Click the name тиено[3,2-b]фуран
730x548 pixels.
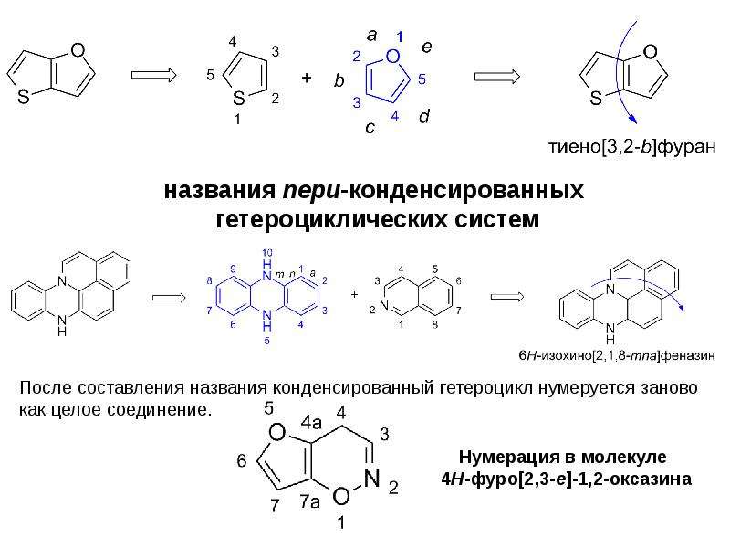pyautogui.click(x=632, y=147)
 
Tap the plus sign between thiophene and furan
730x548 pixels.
pyautogui.click(x=306, y=78)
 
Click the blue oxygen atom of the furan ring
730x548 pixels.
pyautogui.click(x=393, y=57)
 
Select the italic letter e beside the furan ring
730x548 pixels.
pyautogui.click(x=426, y=47)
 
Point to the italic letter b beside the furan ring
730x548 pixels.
pyautogui.click(x=339, y=80)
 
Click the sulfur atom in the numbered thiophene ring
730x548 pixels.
pyautogui.click(x=238, y=99)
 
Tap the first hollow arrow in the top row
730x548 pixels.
pyautogui.click(x=153, y=75)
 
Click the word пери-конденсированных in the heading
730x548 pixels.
pyautogui.click(x=433, y=191)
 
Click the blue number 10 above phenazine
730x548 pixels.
pyautogui.click(x=266, y=253)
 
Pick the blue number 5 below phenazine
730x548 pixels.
pyautogui.click(x=266, y=341)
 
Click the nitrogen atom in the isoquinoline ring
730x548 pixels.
pyautogui.click(x=384, y=306)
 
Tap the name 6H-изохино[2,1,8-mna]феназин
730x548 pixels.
pyautogui.click(x=617, y=356)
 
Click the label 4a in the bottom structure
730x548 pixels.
pyautogui.click(x=311, y=423)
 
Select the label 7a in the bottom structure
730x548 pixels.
pyautogui.click(x=309, y=501)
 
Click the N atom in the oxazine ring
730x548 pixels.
pyautogui.click(x=372, y=479)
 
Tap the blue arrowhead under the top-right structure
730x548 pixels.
pyautogui.click(x=632, y=120)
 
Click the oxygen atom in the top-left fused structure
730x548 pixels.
pyautogui.click(x=78, y=50)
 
